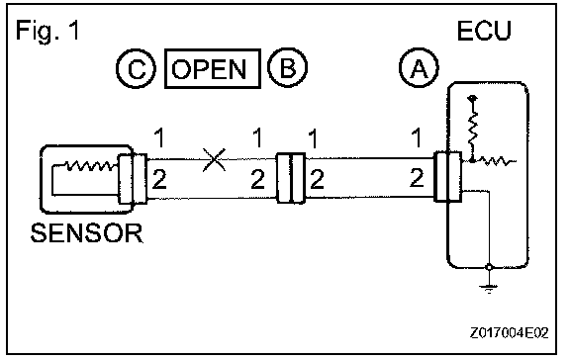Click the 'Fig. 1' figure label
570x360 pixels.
tap(47, 31)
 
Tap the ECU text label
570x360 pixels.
tap(484, 31)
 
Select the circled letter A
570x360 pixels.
tap(419, 67)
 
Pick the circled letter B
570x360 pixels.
tap(287, 67)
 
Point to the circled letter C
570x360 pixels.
tap(137, 68)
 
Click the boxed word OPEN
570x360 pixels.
tap(213, 68)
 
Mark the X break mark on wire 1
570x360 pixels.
tap(215, 159)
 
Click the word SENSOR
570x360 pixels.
tap(87, 233)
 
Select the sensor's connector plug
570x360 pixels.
tap(133, 179)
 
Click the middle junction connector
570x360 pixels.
tap(291, 178)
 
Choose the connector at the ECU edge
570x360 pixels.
tap(448, 177)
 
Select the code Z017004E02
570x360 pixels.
tap(509, 332)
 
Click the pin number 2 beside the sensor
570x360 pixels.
tap(159, 179)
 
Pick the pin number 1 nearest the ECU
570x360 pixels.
tap(417, 137)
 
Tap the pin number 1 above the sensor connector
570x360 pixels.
tap(159, 137)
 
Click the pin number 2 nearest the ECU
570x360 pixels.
tap(417, 178)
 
